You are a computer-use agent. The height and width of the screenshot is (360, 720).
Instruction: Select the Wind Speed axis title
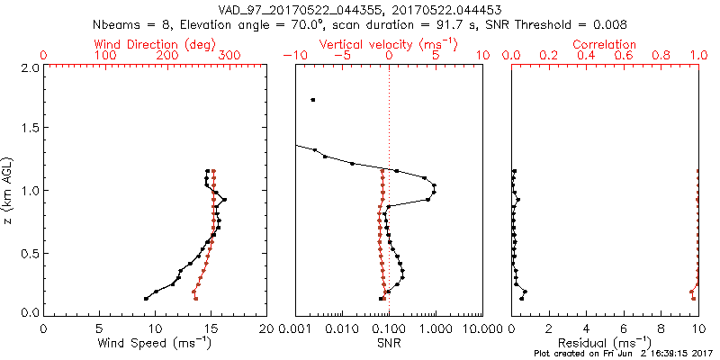pos(155,343)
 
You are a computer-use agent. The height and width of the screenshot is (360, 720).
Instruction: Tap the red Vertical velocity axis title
pos(389,44)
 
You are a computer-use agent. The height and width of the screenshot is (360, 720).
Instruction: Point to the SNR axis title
pos(389,343)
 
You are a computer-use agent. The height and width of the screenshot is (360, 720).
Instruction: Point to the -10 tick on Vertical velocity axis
pos(293,56)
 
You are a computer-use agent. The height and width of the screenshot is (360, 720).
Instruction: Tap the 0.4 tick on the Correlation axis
pos(587,56)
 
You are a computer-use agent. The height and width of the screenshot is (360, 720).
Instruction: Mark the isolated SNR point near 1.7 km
pos(312,100)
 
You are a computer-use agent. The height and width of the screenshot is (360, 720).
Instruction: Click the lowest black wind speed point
pos(146,299)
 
